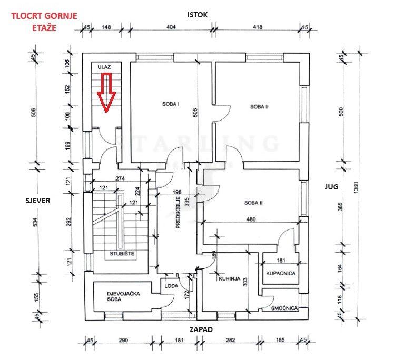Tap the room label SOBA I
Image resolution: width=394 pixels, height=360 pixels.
coord(171,104)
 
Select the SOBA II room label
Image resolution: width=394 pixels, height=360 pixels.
coord(260,106)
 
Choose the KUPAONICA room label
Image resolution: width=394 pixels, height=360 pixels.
coord(280,274)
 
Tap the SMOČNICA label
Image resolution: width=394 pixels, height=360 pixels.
coord(285,307)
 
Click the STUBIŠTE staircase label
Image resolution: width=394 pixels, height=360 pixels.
coord(122,254)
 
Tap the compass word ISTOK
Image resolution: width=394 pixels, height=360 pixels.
coord(198,15)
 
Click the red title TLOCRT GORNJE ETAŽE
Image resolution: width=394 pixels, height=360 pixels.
coord(44,21)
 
